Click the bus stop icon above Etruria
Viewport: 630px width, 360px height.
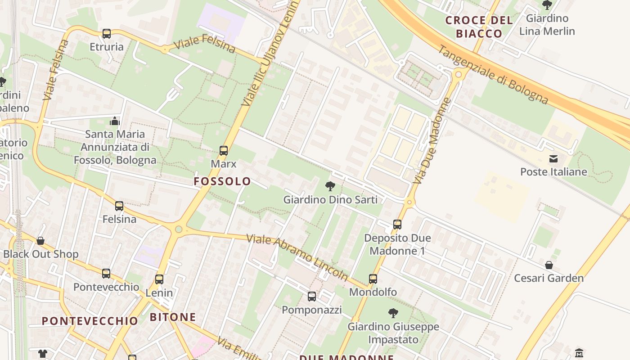click(x=107, y=34)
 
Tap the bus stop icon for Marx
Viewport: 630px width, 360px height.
click(x=224, y=151)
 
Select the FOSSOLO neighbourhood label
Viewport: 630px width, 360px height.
click(x=222, y=181)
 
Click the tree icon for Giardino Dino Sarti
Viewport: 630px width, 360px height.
click(x=330, y=186)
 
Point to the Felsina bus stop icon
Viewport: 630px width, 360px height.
click(x=119, y=206)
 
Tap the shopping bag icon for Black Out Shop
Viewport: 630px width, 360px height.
click(x=40, y=241)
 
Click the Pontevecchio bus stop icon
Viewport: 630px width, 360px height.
click(x=106, y=274)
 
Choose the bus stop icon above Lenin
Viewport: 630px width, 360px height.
click(x=159, y=279)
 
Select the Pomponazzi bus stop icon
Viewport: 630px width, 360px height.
click(x=312, y=297)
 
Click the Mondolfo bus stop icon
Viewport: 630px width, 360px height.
click(x=373, y=279)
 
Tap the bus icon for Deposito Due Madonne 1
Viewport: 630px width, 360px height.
click(x=397, y=225)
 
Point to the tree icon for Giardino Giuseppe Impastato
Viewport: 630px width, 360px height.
click(x=393, y=313)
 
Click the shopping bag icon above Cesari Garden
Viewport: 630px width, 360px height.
click(x=549, y=265)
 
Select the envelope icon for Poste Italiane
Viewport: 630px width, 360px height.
click(x=553, y=159)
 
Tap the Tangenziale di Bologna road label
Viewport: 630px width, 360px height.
click(x=493, y=75)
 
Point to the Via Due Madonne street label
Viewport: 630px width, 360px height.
click(x=431, y=140)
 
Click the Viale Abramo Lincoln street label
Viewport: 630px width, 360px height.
click(x=297, y=256)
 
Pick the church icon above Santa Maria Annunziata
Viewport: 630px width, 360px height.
click(x=115, y=121)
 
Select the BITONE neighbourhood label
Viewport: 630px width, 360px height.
click(x=173, y=317)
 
